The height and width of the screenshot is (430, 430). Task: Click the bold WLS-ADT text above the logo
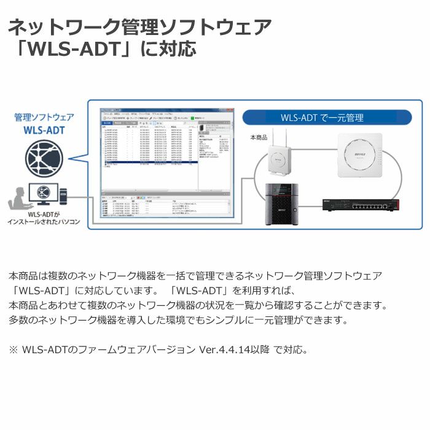(x=44, y=130)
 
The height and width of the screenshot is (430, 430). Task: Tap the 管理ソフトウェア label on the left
(x=44, y=116)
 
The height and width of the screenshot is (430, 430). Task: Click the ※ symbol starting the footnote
(x=14, y=350)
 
